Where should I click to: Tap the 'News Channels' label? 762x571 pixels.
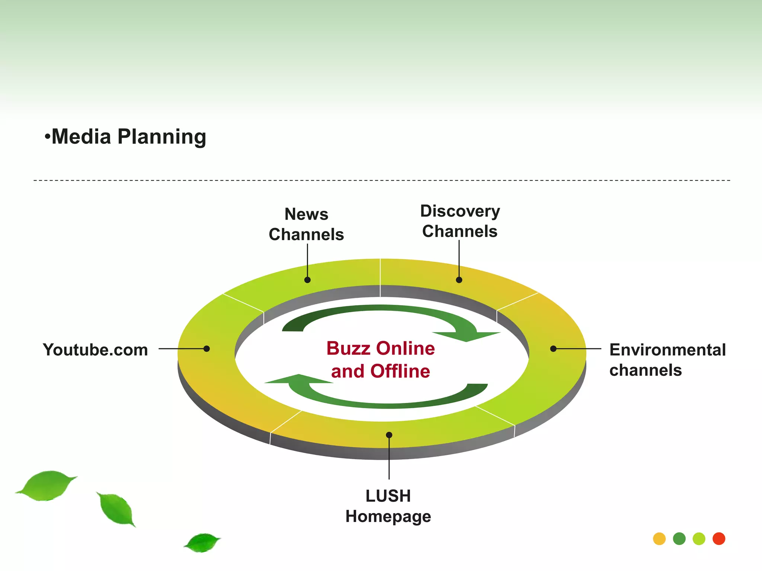pos(306,224)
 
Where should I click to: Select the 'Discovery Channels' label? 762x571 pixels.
pos(460,221)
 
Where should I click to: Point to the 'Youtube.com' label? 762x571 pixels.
pos(95,350)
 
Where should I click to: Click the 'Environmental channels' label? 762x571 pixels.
pos(667,360)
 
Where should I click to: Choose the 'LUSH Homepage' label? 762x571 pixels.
pos(388,506)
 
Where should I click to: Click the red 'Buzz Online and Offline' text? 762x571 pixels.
pos(381,359)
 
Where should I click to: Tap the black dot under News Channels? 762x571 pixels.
pos(307,280)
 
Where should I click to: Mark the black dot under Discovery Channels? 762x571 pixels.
pos(459,280)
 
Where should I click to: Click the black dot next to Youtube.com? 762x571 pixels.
pos(206,349)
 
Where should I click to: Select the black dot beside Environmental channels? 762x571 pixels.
pos(553,349)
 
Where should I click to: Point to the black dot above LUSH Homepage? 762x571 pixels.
pos(389,435)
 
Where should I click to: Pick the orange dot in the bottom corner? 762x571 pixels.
pos(659,539)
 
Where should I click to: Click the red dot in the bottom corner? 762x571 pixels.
pos(719,539)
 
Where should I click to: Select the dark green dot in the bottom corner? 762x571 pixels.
pos(679,539)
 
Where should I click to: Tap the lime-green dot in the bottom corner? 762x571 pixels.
pos(699,539)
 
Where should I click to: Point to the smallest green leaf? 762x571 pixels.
pos(202,542)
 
